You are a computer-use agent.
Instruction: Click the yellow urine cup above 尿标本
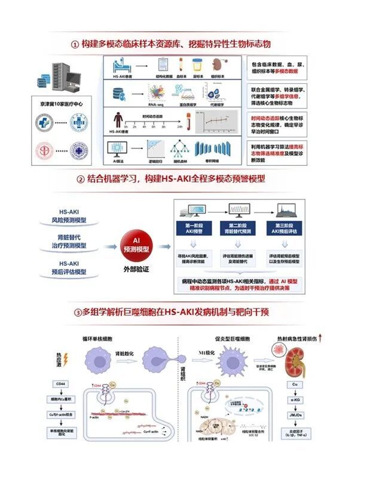[x=197, y=65]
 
